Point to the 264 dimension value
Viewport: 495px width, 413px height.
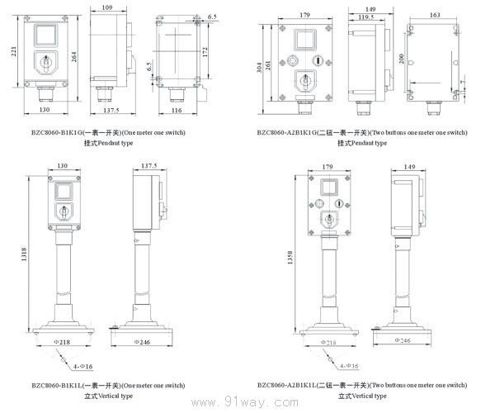(76, 56)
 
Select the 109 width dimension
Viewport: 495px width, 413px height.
(106, 7)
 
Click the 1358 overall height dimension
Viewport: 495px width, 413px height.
(290, 258)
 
